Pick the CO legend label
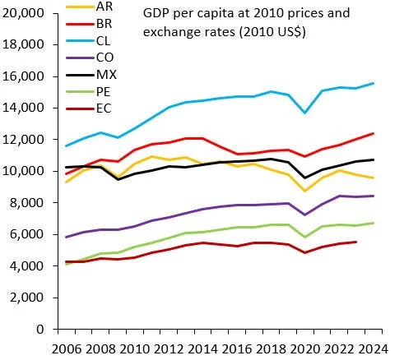click(x=105, y=58)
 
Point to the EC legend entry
click(x=104, y=110)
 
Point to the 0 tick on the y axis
click(x=38, y=330)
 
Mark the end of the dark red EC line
click(x=355, y=242)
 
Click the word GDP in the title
click(x=156, y=14)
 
